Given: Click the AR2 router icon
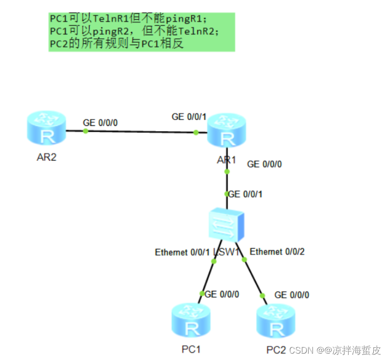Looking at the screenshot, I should [x=47, y=129].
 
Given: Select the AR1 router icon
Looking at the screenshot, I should [x=226, y=131].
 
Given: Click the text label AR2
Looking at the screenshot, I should [x=47, y=158].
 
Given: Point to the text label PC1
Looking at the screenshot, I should [x=191, y=349].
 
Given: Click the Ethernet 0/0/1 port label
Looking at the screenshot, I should [x=178, y=253].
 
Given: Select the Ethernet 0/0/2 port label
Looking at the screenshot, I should [x=277, y=252].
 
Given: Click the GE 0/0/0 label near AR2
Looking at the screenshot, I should [x=100, y=122].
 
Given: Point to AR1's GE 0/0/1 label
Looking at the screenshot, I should [x=189, y=117].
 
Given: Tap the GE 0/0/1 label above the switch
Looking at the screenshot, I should [x=245, y=194].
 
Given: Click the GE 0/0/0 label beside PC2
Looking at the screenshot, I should [x=291, y=295].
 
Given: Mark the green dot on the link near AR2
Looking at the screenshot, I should [x=86, y=131].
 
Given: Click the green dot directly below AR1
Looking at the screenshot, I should [x=227, y=171].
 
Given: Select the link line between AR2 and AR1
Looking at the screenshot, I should [x=142, y=132].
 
